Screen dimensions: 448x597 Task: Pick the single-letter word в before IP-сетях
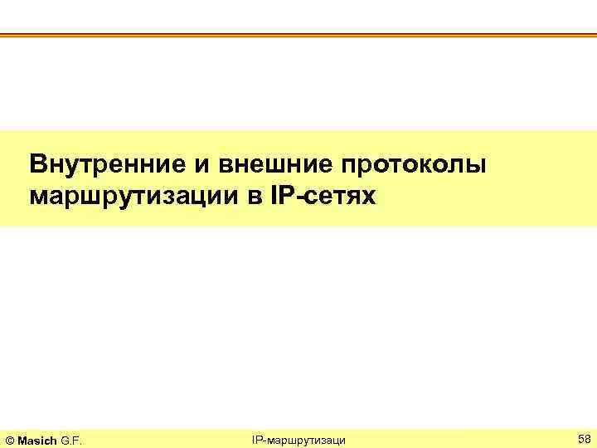pyautogui.click(x=250, y=197)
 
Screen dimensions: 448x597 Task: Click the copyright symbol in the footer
pyautogui.click(x=11, y=438)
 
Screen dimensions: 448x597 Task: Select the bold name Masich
pyautogui.click(x=38, y=438)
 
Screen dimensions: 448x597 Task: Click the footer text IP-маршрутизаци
pyautogui.click(x=298, y=438)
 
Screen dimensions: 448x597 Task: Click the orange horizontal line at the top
pyautogui.click(x=298, y=35)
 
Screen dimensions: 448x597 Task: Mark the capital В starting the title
pyautogui.click(x=37, y=163)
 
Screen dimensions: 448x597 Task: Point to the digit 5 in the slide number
pyautogui.click(x=579, y=437)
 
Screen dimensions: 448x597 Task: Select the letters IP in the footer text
pyautogui.click(x=256, y=437)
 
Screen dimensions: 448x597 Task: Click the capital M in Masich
pyautogui.click(x=24, y=438)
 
